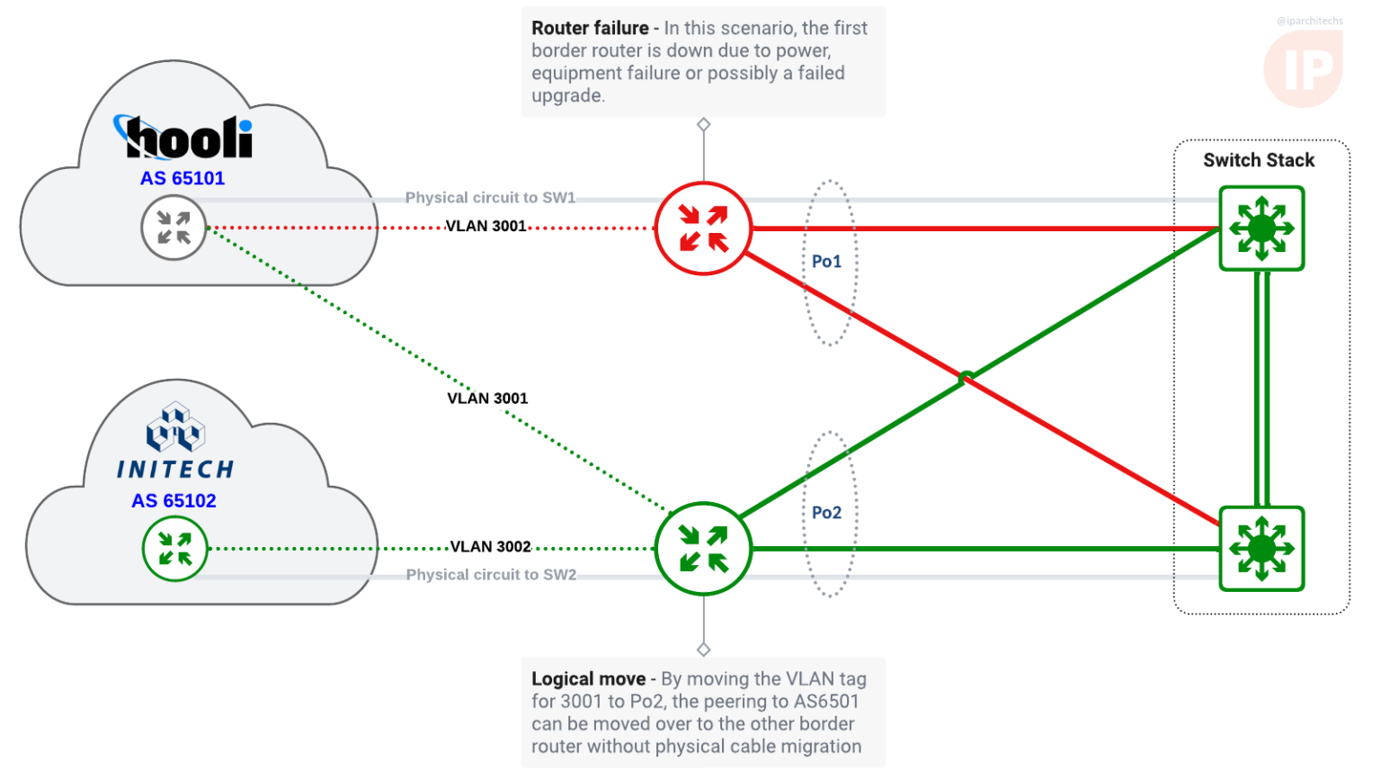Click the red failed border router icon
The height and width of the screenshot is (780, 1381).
pyautogui.click(x=703, y=229)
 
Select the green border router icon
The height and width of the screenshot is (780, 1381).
pyautogui.click(x=703, y=548)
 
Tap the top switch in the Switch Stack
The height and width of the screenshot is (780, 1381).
pyautogui.click(x=1261, y=229)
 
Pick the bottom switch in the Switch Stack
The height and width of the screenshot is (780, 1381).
pyautogui.click(x=1261, y=548)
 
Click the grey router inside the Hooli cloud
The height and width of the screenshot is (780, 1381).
pyautogui.click(x=174, y=229)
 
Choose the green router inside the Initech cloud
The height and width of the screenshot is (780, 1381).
pyautogui.click(x=174, y=548)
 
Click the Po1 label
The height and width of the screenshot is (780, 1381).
pyautogui.click(x=826, y=262)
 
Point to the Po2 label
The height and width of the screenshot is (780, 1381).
pyautogui.click(x=826, y=513)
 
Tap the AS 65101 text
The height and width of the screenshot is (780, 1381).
pyautogui.click(x=183, y=178)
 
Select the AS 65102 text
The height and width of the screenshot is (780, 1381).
pyautogui.click(x=174, y=501)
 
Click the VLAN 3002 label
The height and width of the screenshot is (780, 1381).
pyautogui.click(x=490, y=547)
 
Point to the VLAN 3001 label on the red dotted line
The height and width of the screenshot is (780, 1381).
pyautogui.click(x=486, y=226)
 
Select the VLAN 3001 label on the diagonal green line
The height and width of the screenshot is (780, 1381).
pyautogui.click(x=487, y=399)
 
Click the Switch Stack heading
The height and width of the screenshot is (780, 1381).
pyautogui.click(x=1259, y=160)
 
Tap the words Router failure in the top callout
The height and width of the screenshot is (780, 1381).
pyautogui.click(x=590, y=29)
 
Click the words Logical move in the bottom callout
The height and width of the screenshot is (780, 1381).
pyautogui.click(x=588, y=679)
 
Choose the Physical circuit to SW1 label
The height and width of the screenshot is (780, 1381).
pyautogui.click(x=490, y=198)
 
